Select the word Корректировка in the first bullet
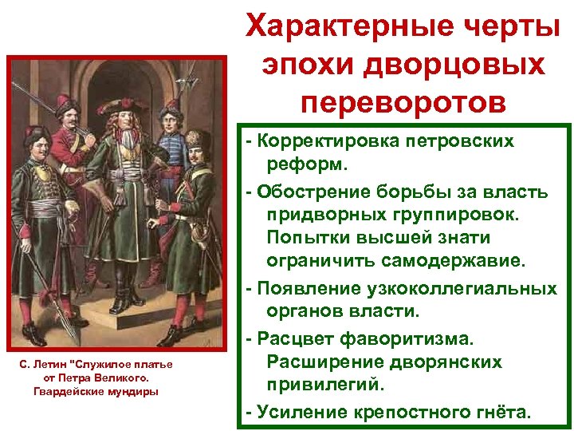click(332, 141)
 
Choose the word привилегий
click(324, 385)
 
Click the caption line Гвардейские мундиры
click(96, 391)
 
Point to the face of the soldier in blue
click(169, 121)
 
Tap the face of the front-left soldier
click(37, 145)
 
